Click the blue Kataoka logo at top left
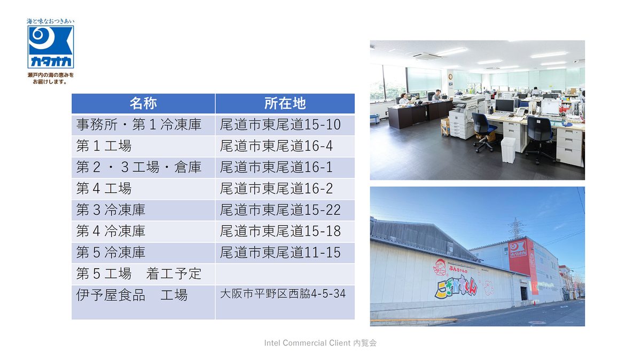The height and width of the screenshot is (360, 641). [x=51, y=47]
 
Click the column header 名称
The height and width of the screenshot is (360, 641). [x=143, y=103]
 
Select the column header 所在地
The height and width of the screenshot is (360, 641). [x=285, y=103]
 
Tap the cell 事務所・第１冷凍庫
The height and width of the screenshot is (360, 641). [x=139, y=125]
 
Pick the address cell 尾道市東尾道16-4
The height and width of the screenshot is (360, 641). [x=276, y=146]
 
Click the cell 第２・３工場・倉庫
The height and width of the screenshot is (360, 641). [x=139, y=167]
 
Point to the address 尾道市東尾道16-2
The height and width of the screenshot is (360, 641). [x=276, y=189]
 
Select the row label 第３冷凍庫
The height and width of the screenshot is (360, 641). [x=111, y=210]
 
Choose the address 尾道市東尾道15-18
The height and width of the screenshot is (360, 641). [x=280, y=231]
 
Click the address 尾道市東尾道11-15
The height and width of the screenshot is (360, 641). [x=280, y=253]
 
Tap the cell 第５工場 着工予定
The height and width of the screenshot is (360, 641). [x=139, y=274]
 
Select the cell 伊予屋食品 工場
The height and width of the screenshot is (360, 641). [x=131, y=295]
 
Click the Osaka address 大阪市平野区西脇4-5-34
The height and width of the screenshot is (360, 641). [x=283, y=294]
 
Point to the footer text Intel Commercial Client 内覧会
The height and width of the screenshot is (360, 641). [x=320, y=343]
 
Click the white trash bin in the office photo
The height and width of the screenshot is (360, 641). [x=508, y=150]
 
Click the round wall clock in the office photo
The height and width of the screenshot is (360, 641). [x=450, y=77]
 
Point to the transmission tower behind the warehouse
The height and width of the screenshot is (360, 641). [x=515, y=229]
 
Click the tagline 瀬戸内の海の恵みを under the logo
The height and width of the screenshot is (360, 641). [x=51, y=75]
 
